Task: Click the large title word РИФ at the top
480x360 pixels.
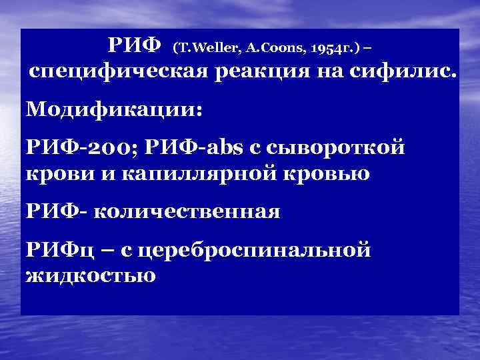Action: click(135, 45)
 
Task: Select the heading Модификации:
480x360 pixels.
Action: click(113, 109)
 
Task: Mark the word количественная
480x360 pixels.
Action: click(187, 212)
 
